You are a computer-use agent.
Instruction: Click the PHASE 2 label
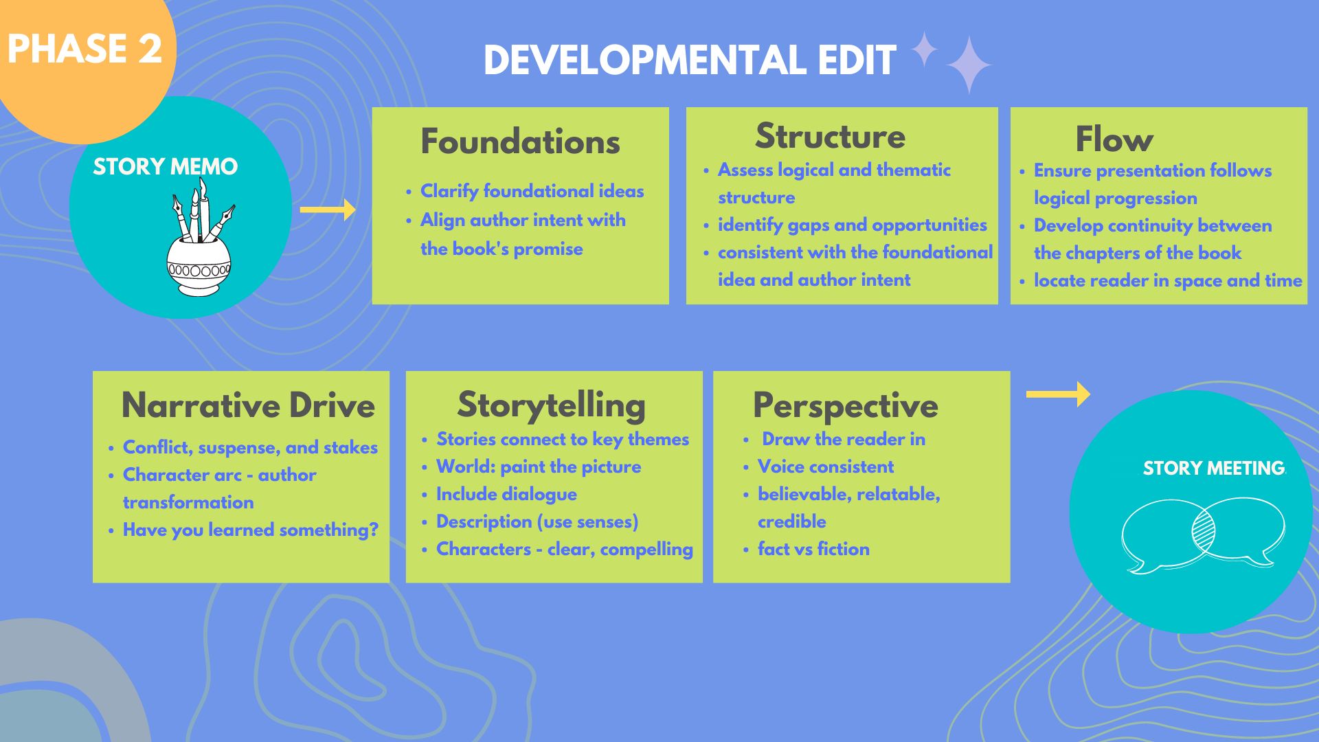[84, 49]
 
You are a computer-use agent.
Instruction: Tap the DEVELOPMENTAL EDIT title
[690, 60]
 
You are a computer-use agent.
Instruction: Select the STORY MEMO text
[165, 167]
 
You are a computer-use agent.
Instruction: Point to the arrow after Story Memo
[328, 210]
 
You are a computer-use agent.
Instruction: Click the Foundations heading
[520, 142]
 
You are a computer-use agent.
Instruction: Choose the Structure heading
[830, 136]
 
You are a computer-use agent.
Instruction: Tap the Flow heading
[1114, 139]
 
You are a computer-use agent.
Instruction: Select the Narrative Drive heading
[248, 405]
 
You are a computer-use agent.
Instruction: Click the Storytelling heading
[551, 405]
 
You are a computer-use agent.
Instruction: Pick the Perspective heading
[845, 405]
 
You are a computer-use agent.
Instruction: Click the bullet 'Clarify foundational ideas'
[532, 191]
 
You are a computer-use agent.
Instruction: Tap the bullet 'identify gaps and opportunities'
[852, 225]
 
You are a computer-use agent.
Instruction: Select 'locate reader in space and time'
[1167, 280]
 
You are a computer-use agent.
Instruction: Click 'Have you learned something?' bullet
[250, 530]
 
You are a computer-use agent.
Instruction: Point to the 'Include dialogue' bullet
[506, 494]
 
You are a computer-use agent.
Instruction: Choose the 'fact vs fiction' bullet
[813, 549]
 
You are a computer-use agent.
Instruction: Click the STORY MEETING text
[1213, 469]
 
